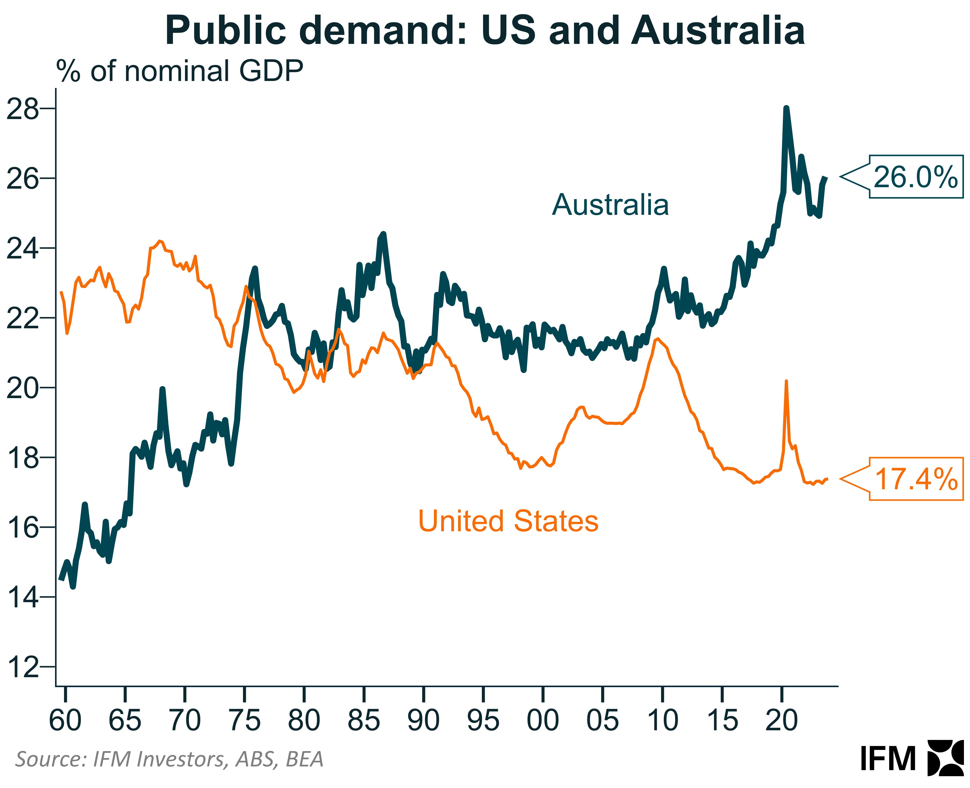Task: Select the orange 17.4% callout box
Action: [915, 479]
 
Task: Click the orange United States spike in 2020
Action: [786, 382]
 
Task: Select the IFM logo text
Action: [887, 759]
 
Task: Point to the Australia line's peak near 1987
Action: [384, 234]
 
